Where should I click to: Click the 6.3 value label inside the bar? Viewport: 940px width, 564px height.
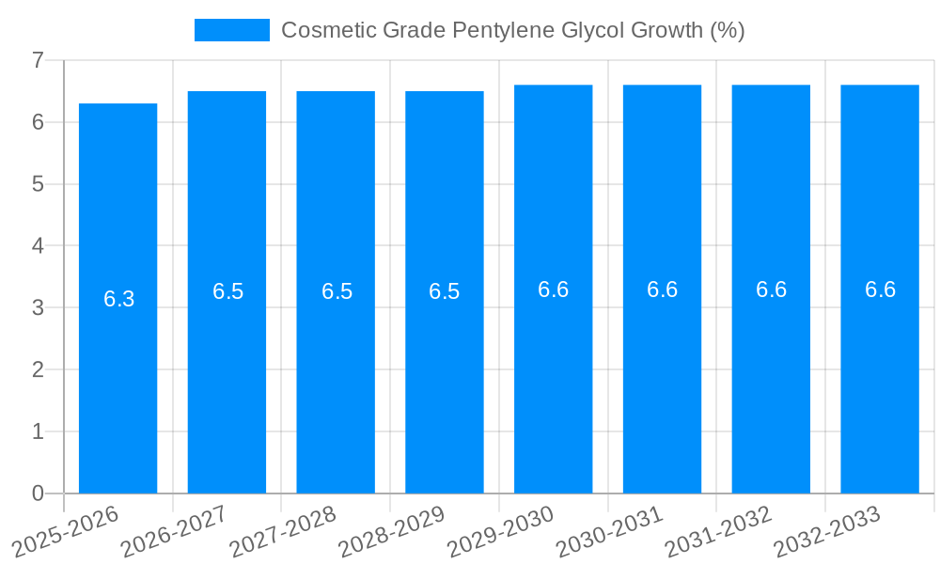(119, 299)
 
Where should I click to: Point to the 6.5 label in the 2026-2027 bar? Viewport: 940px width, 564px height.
(227, 291)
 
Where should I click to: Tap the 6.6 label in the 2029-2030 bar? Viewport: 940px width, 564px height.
(554, 290)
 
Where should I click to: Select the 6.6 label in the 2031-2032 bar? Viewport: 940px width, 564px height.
(772, 290)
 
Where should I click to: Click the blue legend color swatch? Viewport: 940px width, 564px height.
(231, 30)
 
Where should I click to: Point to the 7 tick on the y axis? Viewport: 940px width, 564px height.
(38, 60)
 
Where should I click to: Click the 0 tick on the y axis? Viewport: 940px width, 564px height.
(38, 493)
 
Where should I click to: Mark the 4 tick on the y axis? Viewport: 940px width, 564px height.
(38, 245)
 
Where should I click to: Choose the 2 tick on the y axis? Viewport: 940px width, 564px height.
(38, 369)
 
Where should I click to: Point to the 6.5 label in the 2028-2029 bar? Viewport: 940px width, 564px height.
(445, 291)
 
